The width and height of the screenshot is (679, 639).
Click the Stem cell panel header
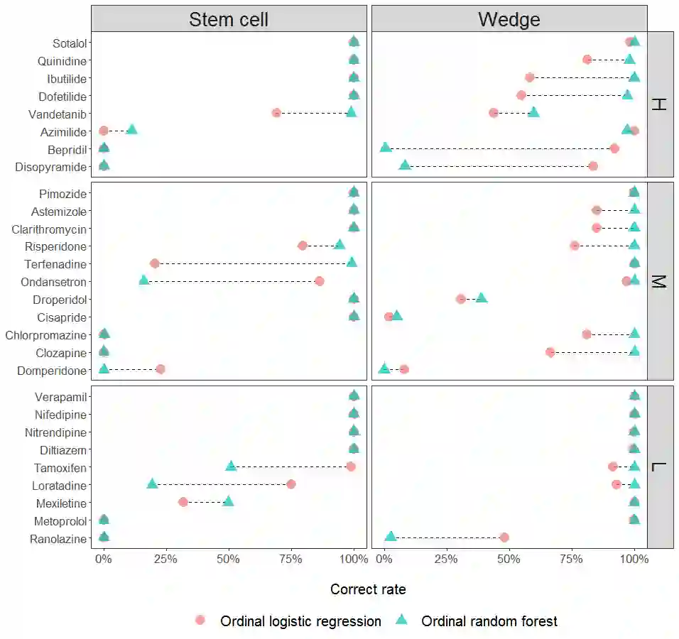point(229,19)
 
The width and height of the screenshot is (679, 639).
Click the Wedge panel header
point(509,19)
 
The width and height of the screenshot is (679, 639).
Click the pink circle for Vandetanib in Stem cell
point(276,113)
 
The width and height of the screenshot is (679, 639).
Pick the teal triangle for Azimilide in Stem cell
point(131,129)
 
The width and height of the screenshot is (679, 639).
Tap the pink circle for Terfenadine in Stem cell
point(155,263)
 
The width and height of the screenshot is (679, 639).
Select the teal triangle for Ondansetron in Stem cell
point(144,280)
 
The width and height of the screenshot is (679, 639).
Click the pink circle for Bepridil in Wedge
point(614,148)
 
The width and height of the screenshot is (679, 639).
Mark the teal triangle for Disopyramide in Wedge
point(405,165)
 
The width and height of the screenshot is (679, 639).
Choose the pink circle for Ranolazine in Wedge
point(504,537)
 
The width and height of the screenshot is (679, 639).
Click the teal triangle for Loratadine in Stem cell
point(152,484)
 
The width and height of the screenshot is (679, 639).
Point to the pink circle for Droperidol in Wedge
point(461,299)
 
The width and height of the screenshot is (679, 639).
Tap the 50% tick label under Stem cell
point(229,559)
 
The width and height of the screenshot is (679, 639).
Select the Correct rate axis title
point(368,589)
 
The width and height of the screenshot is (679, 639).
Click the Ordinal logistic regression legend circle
point(200,621)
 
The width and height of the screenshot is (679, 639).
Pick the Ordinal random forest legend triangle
point(401,620)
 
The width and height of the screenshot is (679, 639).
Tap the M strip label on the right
point(660,282)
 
